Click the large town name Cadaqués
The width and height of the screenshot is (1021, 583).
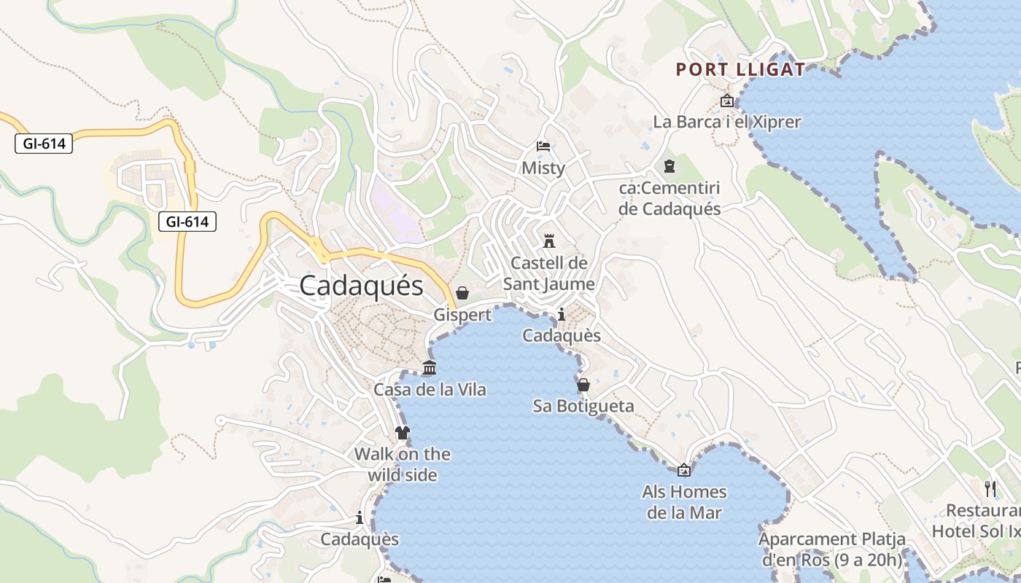tap(361, 285)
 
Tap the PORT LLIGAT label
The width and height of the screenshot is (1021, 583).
tap(740, 70)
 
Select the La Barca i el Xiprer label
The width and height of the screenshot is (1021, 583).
tap(727, 122)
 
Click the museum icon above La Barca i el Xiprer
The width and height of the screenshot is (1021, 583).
tap(726, 101)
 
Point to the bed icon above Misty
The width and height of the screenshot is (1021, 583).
tap(543, 146)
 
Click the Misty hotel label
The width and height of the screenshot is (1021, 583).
tap(543, 168)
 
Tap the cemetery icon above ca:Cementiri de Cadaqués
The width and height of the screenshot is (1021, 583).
tap(669, 167)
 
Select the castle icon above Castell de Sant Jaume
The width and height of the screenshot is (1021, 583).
tap(549, 241)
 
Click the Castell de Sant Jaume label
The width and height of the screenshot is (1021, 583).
tap(549, 273)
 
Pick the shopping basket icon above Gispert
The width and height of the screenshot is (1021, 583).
tap(462, 293)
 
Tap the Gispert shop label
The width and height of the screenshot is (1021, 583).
tap(462, 315)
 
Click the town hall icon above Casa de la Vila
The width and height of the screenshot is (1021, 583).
tap(430, 368)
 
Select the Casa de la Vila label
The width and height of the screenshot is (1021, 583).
tap(430, 390)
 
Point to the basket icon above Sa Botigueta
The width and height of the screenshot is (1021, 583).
tap(583, 385)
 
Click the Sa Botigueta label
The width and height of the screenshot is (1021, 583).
tap(583, 406)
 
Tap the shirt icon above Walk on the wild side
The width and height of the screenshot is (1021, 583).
tap(402, 433)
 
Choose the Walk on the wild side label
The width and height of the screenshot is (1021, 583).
tap(402, 464)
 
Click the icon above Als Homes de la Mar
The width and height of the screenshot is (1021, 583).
tap(684, 470)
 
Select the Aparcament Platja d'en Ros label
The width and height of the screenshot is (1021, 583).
tap(832, 549)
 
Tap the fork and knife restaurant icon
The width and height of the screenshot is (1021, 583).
tap(990, 488)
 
